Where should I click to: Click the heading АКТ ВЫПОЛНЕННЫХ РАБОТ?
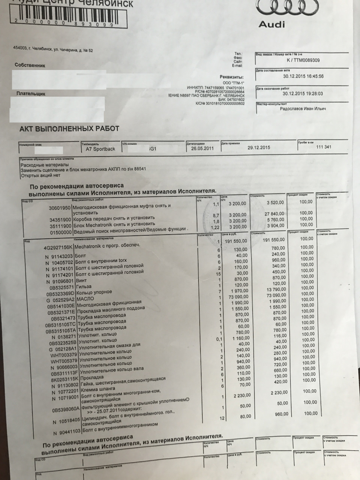[69, 129]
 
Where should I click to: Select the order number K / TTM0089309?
[303, 60]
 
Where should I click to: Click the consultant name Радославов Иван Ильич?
[303, 109]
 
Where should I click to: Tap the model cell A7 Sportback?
[100, 149]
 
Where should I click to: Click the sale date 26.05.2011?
[202, 148]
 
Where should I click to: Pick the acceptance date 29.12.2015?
[258, 148]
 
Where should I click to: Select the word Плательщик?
[31, 94]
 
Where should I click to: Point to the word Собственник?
[30, 65]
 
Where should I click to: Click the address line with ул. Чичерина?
[53, 50]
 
